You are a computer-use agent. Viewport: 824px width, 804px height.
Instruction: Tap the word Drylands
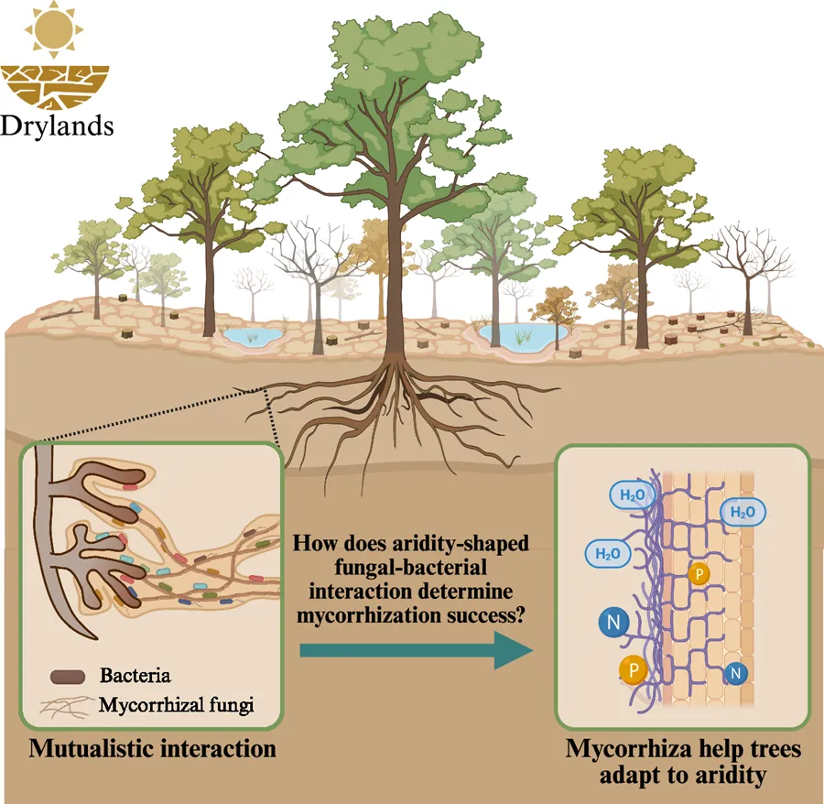[x=57, y=124]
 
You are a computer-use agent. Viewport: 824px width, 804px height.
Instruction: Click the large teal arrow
[x=417, y=650]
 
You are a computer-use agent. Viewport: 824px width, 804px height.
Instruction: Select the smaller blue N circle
[x=733, y=675]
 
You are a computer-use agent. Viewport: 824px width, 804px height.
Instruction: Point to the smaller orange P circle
[x=699, y=574]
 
